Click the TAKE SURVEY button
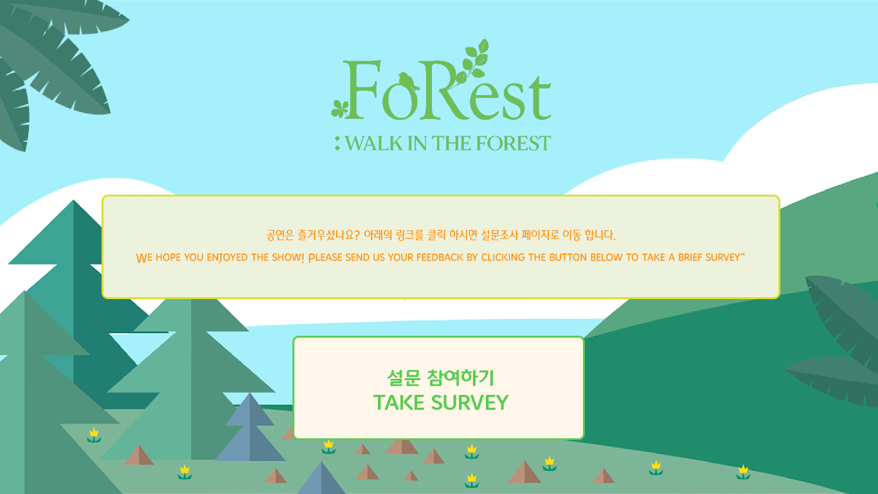(438, 388)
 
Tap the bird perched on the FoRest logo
(406, 81)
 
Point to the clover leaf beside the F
(339, 109)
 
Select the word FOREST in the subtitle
(514, 143)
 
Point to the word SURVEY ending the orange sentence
(722, 257)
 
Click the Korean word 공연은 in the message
(280, 235)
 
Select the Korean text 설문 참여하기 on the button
(440, 378)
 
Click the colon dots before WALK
(337, 143)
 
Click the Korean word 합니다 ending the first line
(600, 235)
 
